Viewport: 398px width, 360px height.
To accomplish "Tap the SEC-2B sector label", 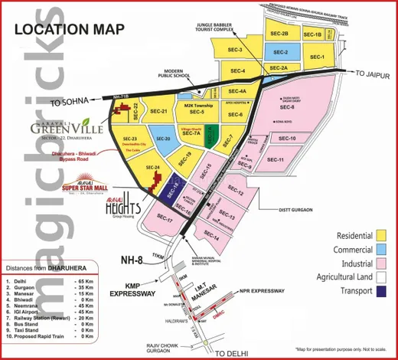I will coord(279,34).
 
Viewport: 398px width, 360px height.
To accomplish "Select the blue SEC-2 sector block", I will coord(280,51).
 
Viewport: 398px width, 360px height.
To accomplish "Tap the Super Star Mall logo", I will coord(83,187).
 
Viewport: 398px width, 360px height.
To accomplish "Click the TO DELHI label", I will coord(234,352).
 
